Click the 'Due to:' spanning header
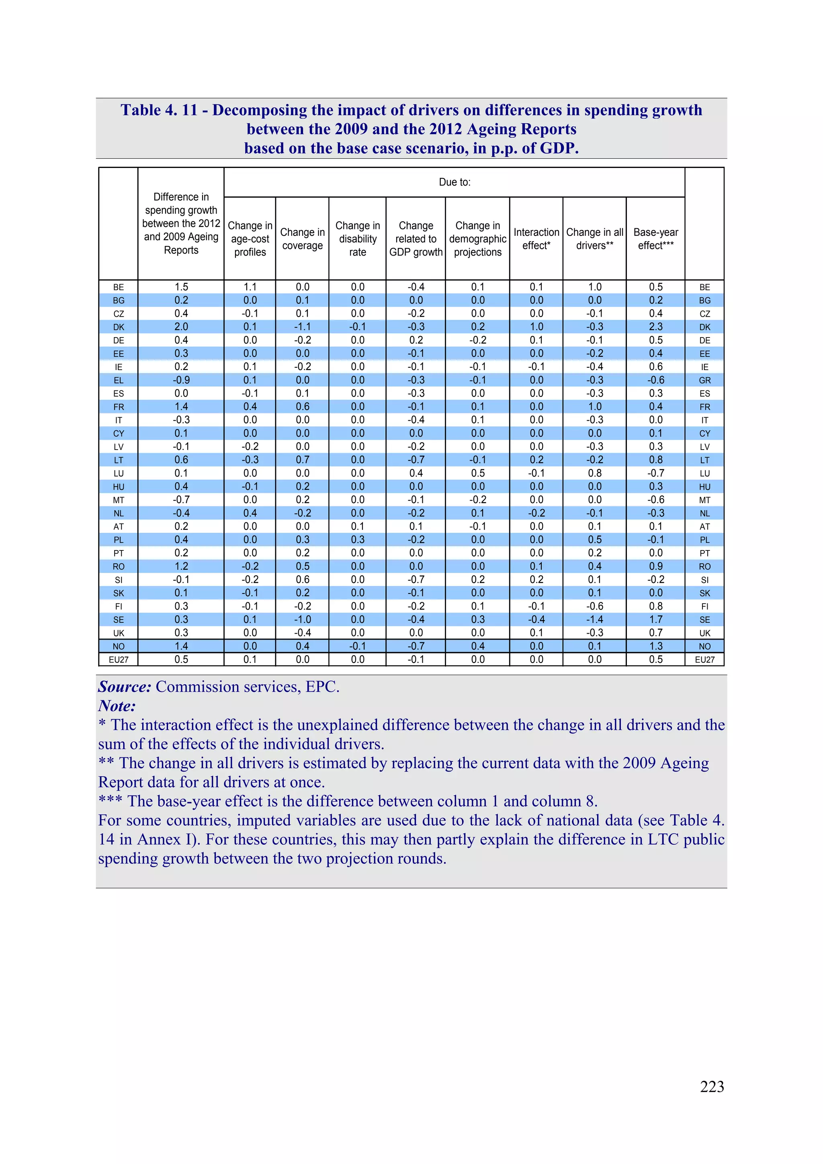(454, 182)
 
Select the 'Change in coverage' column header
(302, 239)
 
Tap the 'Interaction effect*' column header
(536, 239)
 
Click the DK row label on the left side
(119, 327)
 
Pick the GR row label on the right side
(704, 380)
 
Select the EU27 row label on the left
(119, 660)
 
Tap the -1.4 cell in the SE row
(594, 620)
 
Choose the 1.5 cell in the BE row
(181, 287)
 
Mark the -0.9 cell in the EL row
(181, 380)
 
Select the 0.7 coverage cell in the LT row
(302, 460)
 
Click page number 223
(711, 1086)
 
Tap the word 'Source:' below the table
(125, 687)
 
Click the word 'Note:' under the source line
(117, 706)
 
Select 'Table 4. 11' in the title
(159, 110)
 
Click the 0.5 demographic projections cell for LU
(477, 473)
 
